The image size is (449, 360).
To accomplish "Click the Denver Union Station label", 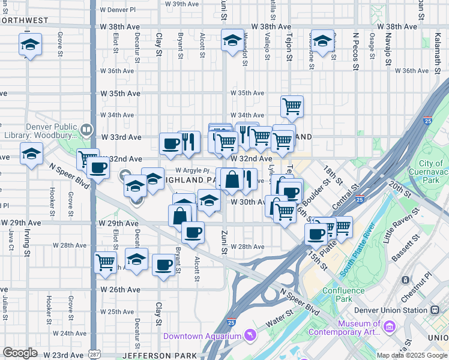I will (x=393, y=310).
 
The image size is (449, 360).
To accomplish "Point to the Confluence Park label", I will (x=343, y=295).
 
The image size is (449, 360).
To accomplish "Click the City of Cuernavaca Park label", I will (x=431, y=172).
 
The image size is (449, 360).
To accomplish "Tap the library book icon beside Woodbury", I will (x=87, y=129).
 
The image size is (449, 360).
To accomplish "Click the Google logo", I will (x=19, y=353).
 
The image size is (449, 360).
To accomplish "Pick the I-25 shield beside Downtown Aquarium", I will (x=231, y=322).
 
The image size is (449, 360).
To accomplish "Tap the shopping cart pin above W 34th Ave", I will (x=292, y=107).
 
